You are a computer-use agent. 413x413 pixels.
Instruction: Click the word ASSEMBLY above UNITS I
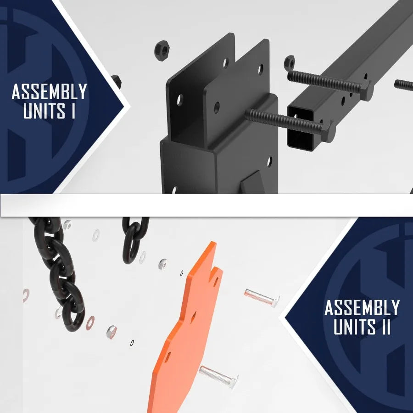49,92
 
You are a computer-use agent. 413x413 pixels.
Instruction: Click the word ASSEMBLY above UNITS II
362,307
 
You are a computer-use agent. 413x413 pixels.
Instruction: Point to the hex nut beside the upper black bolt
289,61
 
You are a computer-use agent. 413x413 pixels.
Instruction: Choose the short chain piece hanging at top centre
134,239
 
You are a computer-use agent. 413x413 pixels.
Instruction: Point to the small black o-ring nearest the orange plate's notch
182,274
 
